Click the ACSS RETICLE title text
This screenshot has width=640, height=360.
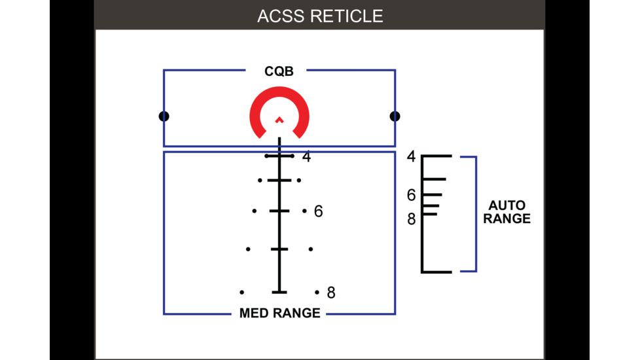(x=319, y=16)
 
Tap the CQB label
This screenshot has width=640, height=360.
(x=279, y=71)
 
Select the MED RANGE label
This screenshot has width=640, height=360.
(x=279, y=313)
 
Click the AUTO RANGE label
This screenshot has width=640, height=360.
(x=507, y=212)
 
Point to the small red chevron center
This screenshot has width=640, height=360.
(x=279, y=119)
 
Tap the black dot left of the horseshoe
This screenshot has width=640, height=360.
(x=164, y=117)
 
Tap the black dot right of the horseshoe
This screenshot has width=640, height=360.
(x=395, y=117)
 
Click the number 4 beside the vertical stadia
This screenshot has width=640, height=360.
(x=306, y=156)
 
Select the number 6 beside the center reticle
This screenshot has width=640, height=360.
(x=318, y=211)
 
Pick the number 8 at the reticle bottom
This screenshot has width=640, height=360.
(x=330, y=293)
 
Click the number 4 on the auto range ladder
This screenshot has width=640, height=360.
(x=411, y=156)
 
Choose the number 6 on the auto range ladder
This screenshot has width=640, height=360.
(x=411, y=195)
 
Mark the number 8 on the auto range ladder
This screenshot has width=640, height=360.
(x=411, y=219)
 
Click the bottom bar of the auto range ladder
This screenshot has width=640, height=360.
(x=436, y=271)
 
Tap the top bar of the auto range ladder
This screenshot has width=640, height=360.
(x=436, y=156)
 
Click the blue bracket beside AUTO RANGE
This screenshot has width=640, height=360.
(x=475, y=213)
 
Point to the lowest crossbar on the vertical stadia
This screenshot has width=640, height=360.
(x=279, y=291)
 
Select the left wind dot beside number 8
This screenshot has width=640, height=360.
(x=242, y=292)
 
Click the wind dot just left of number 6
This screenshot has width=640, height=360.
(x=304, y=211)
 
